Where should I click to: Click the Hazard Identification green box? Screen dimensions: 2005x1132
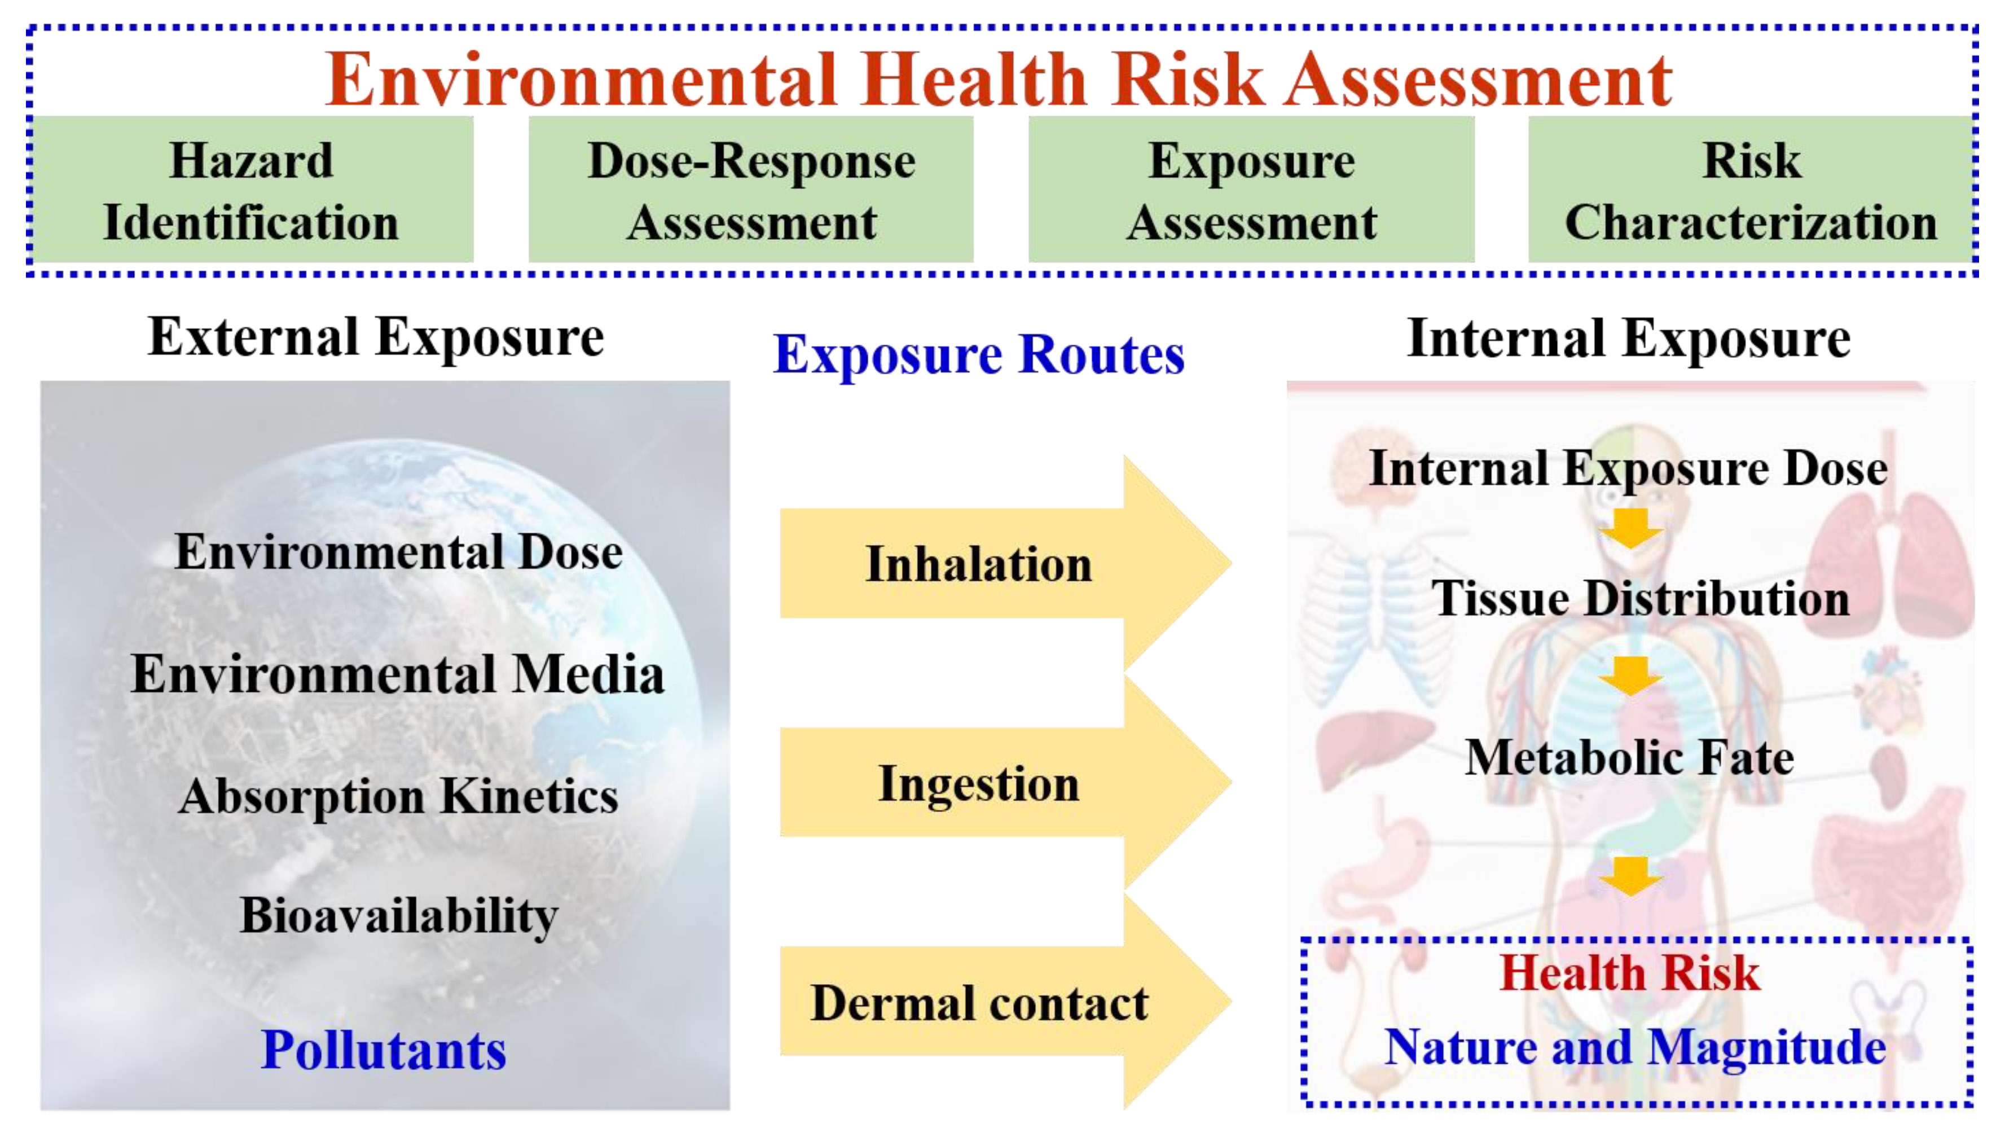(252, 189)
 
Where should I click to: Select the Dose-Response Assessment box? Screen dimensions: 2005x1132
(751, 189)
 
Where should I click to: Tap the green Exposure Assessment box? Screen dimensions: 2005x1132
(1251, 189)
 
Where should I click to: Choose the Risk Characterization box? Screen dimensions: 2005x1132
(1751, 189)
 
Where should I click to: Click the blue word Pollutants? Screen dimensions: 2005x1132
(383, 1050)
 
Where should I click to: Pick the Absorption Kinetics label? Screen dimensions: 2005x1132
(398, 796)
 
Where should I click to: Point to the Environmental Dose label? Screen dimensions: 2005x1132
(398, 551)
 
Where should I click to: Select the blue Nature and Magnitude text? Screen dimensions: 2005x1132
(1635, 1048)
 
